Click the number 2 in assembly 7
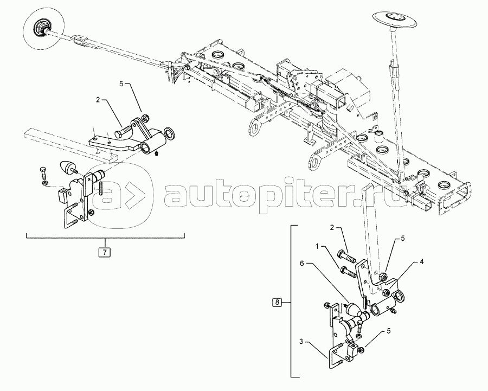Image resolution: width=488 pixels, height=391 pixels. tap(98, 100)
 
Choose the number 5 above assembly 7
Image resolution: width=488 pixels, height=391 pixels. tap(122, 84)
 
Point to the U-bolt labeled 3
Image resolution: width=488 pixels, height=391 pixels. tap(336, 356)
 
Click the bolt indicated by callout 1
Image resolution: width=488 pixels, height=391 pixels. tap(348, 271)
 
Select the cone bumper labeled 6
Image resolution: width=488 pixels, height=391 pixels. tap(353, 311)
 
